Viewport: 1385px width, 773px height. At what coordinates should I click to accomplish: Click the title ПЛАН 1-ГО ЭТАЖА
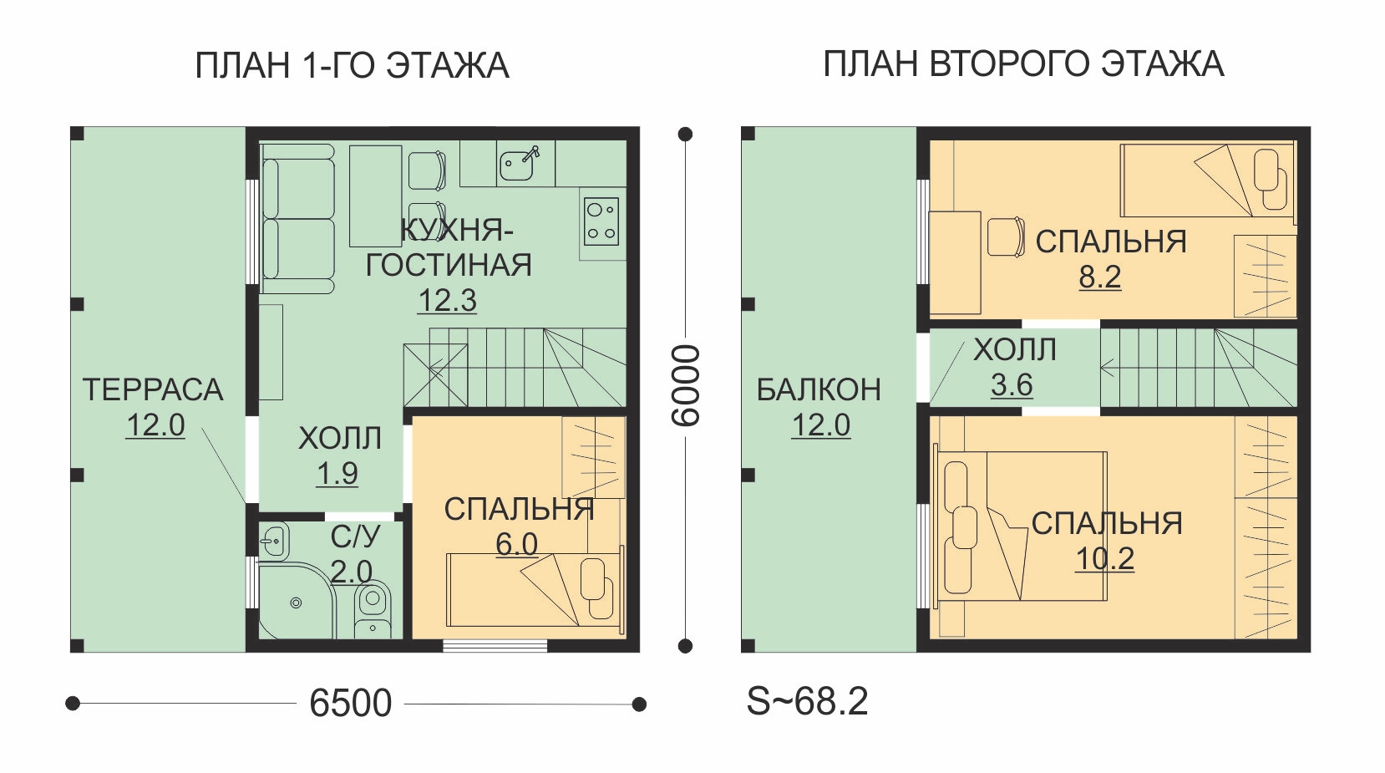(x=352, y=65)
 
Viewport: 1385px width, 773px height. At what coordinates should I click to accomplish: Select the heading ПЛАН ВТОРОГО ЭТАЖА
(x=1023, y=64)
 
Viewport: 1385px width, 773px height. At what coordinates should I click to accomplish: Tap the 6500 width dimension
(x=351, y=703)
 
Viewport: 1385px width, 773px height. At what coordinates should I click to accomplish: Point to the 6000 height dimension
(x=686, y=385)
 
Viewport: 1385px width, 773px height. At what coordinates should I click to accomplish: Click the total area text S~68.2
(x=808, y=701)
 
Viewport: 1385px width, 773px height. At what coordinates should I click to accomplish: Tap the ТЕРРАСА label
(x=153, y=389)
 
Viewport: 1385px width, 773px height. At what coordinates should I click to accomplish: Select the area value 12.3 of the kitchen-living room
(x=448, y=301)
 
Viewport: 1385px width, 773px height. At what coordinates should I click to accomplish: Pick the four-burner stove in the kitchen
(x=601, y=221)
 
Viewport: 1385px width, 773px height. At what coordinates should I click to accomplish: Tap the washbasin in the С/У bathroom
(x=273, y=542)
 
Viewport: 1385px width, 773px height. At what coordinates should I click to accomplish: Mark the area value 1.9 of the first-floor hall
(x=337, y=474)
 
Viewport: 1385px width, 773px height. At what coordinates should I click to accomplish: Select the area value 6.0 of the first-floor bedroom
(x=516, y=544)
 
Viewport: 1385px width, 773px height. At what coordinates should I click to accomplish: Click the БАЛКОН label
(x=819, y=389)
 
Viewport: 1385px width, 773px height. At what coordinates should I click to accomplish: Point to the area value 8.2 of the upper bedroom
(x=1100, y=277)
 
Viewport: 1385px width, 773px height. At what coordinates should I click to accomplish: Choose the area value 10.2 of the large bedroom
(x=1105, y=559)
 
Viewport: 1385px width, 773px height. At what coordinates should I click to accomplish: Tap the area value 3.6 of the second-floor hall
(x=1012, y=384)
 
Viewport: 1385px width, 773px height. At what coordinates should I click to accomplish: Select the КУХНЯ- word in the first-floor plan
(x=457, y=231)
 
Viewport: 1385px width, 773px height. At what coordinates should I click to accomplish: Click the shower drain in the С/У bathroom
(x=297, y=603)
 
